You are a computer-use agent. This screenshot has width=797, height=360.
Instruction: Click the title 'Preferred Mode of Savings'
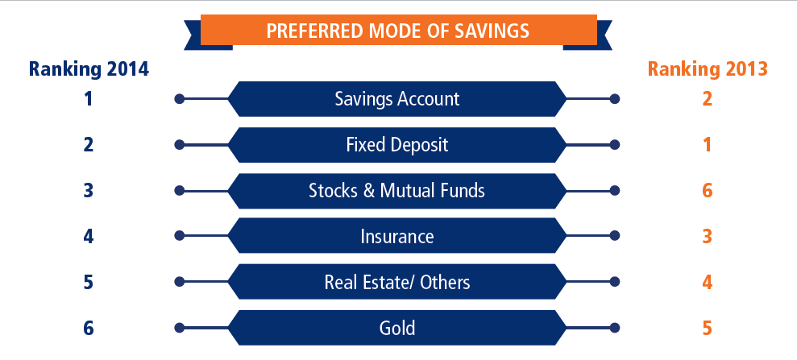[398, 31]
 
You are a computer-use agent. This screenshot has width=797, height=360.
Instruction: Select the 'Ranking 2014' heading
[89, 69]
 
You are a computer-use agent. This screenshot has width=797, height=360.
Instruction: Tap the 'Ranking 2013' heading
[708, 69]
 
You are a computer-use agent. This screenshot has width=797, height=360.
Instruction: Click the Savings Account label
[397, 98]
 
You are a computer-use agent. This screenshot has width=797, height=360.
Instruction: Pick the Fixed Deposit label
[397, 145]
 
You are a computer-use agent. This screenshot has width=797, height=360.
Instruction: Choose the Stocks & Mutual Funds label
[397, 190]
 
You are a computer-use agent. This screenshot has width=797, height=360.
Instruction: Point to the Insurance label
[397, 236]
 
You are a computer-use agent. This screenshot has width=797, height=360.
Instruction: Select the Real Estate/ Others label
[397, 282]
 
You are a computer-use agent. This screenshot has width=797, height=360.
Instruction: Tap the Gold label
[397, 328]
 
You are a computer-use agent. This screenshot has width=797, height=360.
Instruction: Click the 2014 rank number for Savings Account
[89, 98]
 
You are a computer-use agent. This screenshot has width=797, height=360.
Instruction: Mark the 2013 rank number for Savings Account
[707, 98]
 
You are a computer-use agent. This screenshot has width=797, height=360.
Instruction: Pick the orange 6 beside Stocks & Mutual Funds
[707, 190]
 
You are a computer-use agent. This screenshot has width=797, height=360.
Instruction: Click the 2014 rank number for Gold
[89, 328]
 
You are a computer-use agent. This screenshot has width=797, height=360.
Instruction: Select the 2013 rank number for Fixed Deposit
[707, 145]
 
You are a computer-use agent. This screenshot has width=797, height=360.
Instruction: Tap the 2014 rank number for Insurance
[89, 236]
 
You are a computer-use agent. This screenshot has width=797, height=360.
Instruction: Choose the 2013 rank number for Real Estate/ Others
[707, 282]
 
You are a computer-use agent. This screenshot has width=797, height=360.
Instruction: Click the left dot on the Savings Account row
[179, 99]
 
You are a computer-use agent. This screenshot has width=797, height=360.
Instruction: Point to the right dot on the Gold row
[615, 328]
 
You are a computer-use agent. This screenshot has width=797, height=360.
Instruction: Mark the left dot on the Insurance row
[179, 236]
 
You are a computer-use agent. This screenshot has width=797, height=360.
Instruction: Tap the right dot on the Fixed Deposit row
[615, 145]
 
